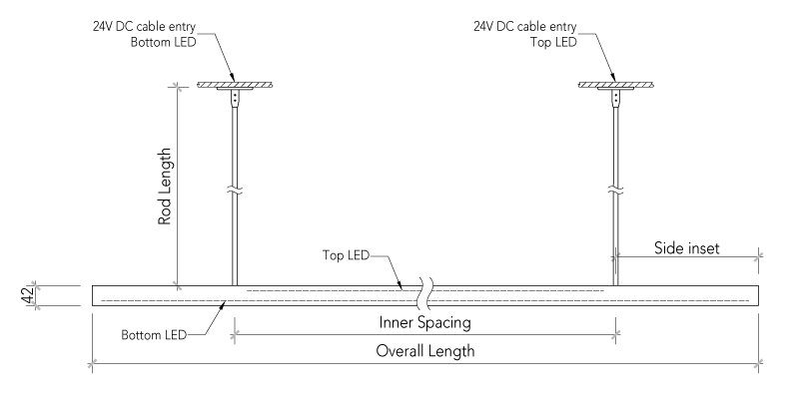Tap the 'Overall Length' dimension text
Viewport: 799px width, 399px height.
point(424,351)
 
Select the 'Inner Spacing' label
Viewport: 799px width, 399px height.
point(423,323)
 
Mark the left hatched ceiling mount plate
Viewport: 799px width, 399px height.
point(236,85)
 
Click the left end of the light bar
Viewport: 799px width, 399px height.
point(95,295)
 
